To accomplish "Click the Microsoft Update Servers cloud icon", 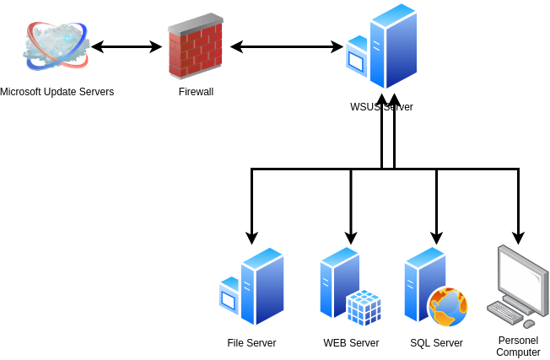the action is pyautogui.click(x=57, y=46).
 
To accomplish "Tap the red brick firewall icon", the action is pyautogui.click(x=196, y=46).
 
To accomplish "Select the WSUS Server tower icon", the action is pyautogui.click(x=381, y=46).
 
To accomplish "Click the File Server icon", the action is pyautogui.click(x=251, y=286).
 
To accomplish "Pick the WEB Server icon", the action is pyautogui.click(x=350, y=286).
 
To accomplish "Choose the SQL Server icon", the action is pyautogui.click(x=435, y=287).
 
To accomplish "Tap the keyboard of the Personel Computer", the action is pyautogui.click(x=504, y=312).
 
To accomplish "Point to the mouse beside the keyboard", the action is pyautogui.click(x=529, y=324).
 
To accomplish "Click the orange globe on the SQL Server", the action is pyautogui.click(x=448, y=307).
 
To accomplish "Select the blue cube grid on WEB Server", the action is pyautogui.click(x=364, y=308).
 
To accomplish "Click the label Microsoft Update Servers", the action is pyautogui.click(x=57, y=92).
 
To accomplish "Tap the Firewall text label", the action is pyautogui.click(x=196, y=92).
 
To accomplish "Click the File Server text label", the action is pyautogui.click(x=251, y=343).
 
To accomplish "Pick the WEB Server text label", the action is pyautogui.click(x=351, y=343).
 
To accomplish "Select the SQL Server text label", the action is pyautogui.click(x=436, y=343).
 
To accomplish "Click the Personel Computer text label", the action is pyautogui.click(x=519, y=347).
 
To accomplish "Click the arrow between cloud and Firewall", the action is pyautogui.click(x=127, y=46).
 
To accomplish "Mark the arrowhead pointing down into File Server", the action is pyautogui.click(x=252, y=238).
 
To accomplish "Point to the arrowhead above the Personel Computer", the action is pyautogui.click(x=519, y=238).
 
